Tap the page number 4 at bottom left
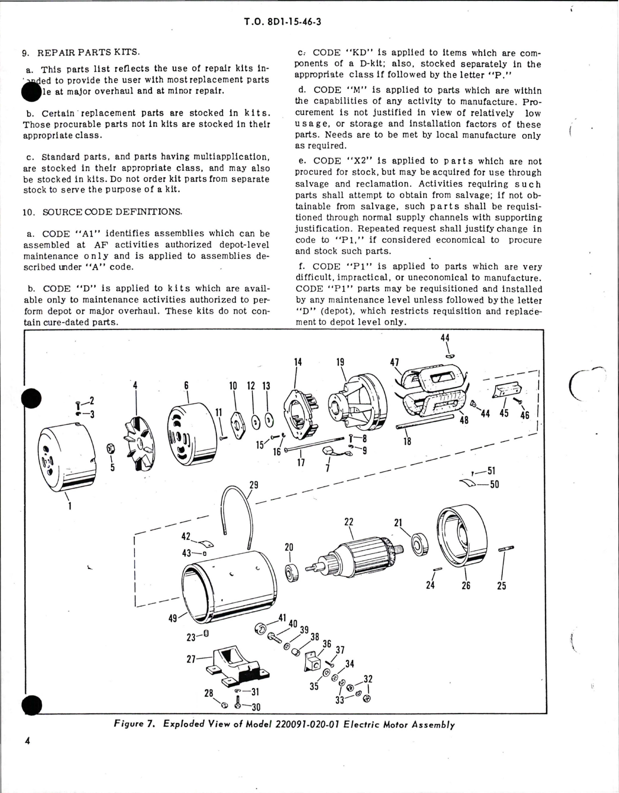(27, 754)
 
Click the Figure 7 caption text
(285, 724)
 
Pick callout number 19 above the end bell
(340, 362)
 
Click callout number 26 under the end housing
(466, 585)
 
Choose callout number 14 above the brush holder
(298, 361)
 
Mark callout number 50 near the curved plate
(494, 484)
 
